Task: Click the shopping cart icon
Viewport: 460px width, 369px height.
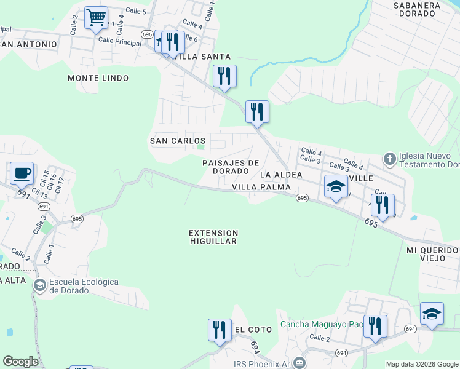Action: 96,18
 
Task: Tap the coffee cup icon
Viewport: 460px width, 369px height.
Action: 22,173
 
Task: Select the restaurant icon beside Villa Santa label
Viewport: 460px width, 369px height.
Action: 173,42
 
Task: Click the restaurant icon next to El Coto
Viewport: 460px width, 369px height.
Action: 220,330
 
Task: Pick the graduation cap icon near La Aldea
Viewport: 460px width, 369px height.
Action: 336,188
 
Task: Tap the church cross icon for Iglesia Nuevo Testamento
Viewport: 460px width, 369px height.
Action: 389,159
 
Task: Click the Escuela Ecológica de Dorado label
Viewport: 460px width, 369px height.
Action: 84,286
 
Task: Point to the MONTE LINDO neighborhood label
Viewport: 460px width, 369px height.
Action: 98,78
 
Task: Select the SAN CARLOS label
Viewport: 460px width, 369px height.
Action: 178,141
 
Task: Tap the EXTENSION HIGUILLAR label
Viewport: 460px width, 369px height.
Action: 213,237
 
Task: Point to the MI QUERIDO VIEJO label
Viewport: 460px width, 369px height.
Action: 432,255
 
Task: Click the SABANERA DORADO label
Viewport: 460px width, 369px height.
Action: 417,10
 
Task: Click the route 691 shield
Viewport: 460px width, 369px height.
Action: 24,192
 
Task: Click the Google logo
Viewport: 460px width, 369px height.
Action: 20,362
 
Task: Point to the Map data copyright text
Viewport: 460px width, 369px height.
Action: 421,364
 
